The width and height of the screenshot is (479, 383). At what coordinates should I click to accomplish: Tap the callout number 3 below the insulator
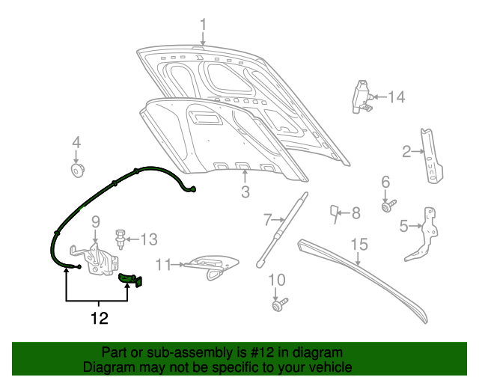pos(245,194)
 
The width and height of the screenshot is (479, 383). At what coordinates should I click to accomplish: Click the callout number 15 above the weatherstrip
pos(359,244)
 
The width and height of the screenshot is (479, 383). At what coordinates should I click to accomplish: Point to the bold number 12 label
pos(99,319)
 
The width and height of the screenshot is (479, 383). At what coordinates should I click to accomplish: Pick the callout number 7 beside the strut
pos(267,219)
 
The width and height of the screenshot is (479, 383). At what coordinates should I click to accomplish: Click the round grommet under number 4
pos(76,172)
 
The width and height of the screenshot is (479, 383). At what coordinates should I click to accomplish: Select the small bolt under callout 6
pos(388,205)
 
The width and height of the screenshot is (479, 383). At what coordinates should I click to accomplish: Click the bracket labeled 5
pos(424,235)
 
